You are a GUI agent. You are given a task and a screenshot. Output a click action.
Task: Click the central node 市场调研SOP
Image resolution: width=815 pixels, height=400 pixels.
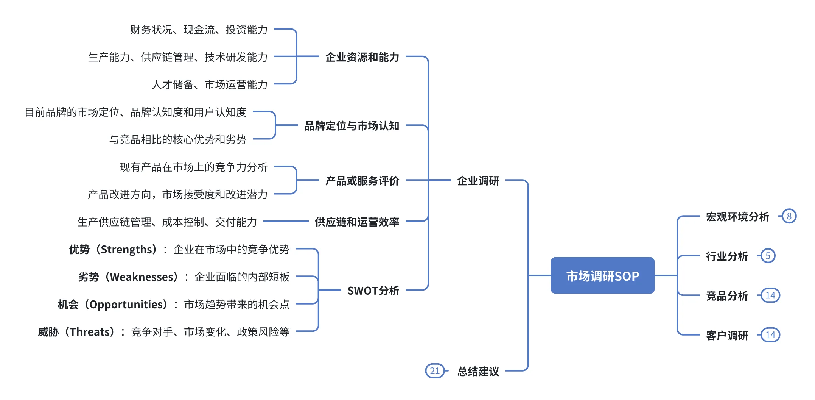[602, 276]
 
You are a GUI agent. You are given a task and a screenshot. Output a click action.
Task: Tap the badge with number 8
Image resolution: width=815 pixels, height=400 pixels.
[789, 216]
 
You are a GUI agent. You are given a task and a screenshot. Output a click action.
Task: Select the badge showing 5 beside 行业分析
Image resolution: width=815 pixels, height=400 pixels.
[768, 256]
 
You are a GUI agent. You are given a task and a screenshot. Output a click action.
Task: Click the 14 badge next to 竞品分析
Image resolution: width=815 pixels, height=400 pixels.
[770, 295]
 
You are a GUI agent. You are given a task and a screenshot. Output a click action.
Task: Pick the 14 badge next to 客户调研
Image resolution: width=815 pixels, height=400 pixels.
[770, 335]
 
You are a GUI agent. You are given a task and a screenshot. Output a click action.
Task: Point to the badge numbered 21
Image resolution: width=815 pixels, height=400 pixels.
[435, 371]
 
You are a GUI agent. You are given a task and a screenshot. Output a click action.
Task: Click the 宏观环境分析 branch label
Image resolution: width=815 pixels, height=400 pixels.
[737, 217]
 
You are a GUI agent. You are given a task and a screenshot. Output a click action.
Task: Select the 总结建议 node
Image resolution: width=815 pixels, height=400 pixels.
[478, 371]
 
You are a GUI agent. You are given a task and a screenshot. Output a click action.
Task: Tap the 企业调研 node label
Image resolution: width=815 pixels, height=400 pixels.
[478, 181]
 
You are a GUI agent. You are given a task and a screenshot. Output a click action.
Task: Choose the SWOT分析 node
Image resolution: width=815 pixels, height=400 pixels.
[373, 291]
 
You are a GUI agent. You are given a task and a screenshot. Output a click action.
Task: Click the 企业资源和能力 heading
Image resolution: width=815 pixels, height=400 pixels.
[362, 57]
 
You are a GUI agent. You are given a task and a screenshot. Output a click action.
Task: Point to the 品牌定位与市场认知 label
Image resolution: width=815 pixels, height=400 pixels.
[352, 126]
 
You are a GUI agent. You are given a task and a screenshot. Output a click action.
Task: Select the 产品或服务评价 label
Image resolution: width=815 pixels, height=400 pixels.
[362, 181]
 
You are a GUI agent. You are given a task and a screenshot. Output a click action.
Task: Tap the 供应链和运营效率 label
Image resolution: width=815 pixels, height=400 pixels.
[357, 222]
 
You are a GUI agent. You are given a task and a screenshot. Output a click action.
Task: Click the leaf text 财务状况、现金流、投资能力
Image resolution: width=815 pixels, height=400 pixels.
[199, 30]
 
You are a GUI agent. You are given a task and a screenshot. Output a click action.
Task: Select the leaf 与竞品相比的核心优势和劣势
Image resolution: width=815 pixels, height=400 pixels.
[178, 139]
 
